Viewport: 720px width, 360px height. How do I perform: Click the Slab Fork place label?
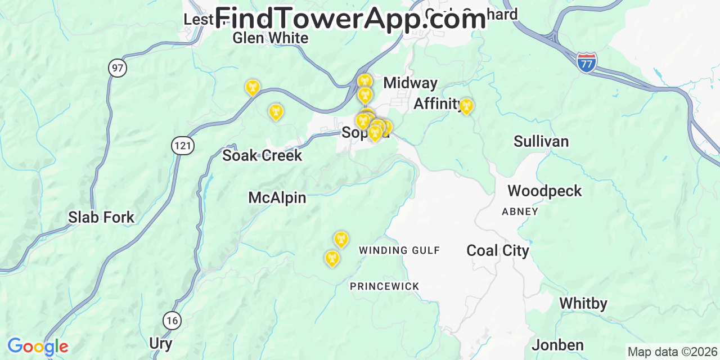[101, 217]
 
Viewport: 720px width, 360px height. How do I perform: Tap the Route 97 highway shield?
[118, 69]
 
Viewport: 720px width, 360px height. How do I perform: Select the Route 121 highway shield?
[183, 146]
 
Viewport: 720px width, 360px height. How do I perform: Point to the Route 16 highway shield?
[172, 321]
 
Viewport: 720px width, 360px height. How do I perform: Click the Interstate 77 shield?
[586, 62]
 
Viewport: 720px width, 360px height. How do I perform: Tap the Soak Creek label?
[262, 155]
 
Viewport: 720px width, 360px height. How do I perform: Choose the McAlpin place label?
[277, 197]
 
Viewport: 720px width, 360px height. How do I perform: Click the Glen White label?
[271, 38]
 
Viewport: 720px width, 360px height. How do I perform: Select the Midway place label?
[410, 83]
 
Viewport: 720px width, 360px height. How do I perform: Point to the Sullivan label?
[541, 141]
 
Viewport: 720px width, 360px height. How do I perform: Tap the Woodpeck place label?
[544, 191]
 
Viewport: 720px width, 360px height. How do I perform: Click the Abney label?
[520, 211]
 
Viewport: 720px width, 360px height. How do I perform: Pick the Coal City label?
[498, 250]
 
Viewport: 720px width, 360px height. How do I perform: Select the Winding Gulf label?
[399, 250]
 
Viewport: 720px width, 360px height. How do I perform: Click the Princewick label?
[385, 286]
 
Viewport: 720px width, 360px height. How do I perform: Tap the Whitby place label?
[583, 304]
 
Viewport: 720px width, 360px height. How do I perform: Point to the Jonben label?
[557, 345]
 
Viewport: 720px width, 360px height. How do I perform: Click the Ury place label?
[161, 343]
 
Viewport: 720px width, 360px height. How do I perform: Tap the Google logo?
[38, 346]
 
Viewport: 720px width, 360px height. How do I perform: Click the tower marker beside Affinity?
[466, 106]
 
